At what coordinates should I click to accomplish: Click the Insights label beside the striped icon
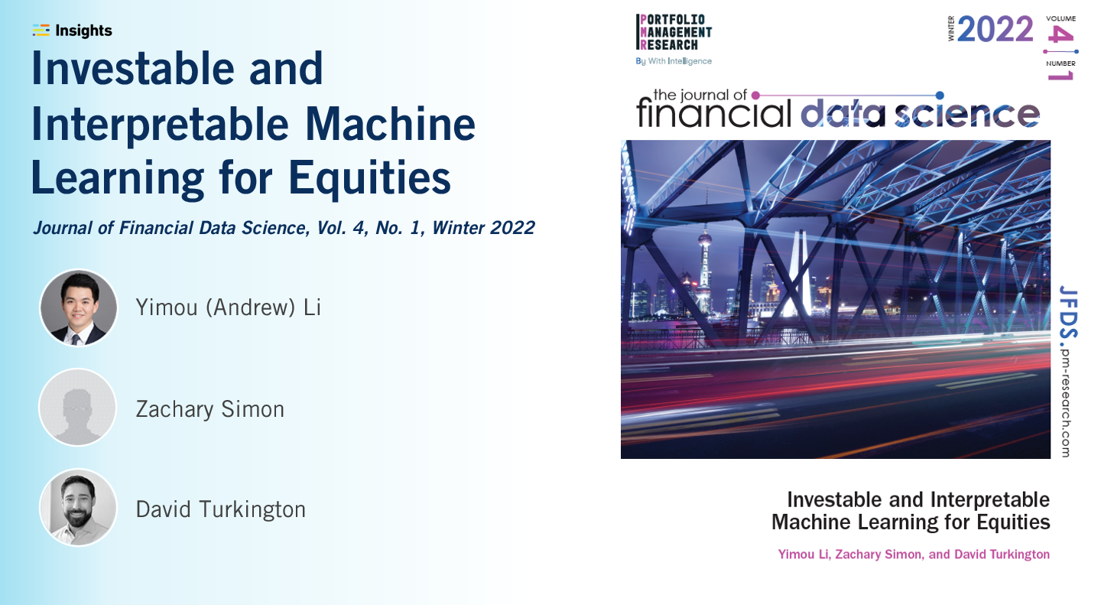83,31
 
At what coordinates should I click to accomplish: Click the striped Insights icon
41,31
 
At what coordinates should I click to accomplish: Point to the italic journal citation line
283,228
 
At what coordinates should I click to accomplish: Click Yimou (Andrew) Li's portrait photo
78,307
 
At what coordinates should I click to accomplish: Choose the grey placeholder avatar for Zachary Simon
78,408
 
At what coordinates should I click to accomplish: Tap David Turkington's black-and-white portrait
78,508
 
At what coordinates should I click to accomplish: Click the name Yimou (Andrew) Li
228,307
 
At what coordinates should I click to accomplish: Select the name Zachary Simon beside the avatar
209,409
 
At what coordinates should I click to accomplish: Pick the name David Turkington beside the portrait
220,509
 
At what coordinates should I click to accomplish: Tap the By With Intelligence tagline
674,61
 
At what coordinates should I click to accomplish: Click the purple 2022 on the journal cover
995,30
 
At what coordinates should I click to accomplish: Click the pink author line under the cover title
914,555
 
